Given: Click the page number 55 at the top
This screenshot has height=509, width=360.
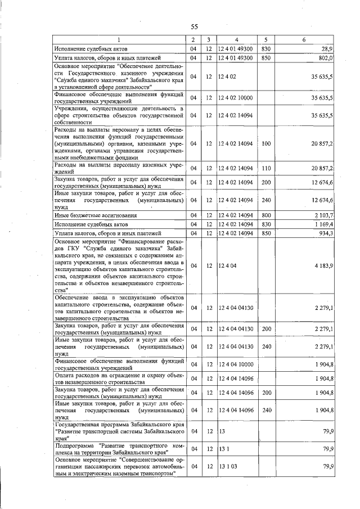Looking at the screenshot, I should [195, 26].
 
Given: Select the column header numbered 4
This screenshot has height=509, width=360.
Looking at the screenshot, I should [236, 40].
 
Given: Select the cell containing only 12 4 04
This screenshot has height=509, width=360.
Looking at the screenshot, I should [227, 265].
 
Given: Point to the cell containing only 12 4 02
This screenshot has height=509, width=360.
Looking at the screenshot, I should [227, 76].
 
